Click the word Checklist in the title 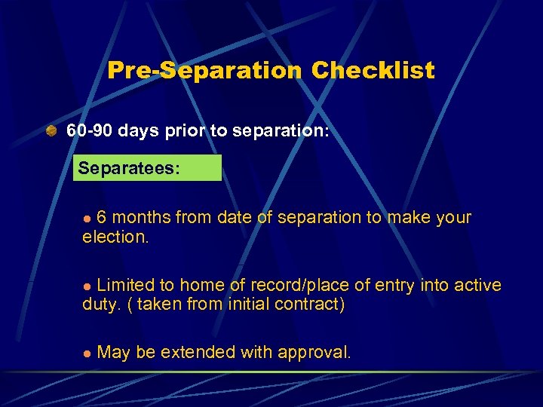coord(373,71)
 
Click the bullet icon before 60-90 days coord(51,130)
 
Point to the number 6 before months coord(102,218)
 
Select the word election coord(115,237)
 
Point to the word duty coord(100,305)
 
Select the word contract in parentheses coord(311,305)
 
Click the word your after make coord(452,218)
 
